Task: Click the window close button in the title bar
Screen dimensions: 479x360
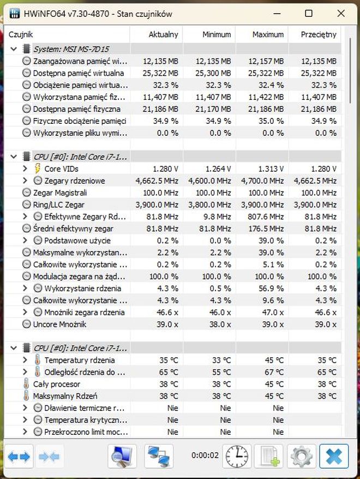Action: coord(341,13)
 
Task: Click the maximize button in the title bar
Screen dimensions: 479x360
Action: coord(309,13)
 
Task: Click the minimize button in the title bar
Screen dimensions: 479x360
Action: coord(277,13)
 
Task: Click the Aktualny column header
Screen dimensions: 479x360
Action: coord(163,34)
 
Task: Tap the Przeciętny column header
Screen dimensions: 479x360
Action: coord(319,34)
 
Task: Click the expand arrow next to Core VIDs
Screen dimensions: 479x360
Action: coord(25,169)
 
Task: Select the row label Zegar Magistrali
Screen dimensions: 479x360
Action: coord(59,193)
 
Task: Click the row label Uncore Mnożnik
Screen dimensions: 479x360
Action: coord(59,324)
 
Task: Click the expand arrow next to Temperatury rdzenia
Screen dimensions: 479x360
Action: coord(25,360)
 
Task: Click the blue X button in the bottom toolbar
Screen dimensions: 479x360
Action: coord(334,456)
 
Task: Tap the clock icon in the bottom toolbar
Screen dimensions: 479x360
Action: coord(237,456)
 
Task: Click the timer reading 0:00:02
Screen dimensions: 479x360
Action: coord(206,456)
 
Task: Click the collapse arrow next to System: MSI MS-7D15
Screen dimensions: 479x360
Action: coord(14,49)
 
